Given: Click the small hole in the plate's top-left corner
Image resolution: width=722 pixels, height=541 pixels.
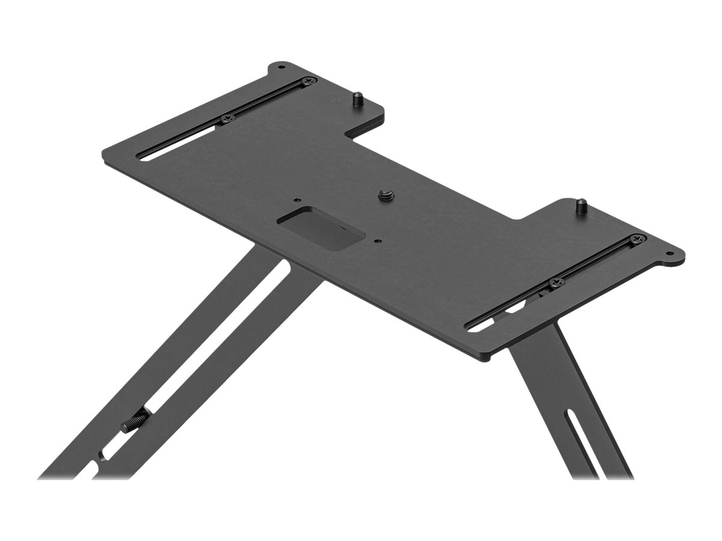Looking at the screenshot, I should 280,67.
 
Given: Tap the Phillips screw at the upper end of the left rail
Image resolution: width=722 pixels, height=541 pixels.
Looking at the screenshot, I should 309,81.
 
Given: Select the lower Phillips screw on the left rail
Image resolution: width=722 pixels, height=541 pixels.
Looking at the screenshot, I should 227,118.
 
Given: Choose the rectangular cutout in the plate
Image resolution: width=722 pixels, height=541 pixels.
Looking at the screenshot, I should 321,228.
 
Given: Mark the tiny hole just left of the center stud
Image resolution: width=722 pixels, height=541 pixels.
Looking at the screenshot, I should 296,201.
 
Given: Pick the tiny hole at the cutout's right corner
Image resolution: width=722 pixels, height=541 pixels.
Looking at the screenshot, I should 377,242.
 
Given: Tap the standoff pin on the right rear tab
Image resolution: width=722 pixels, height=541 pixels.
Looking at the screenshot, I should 581,206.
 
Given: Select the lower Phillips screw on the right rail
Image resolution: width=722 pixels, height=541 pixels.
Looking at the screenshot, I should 555,281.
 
